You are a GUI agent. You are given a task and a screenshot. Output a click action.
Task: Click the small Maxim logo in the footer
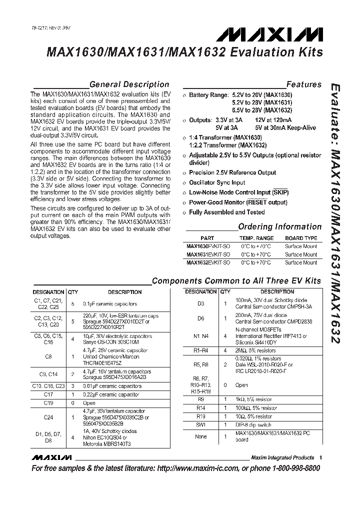pyautogui.click(x=51, y=458)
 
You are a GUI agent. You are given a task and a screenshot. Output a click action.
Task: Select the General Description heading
pyautogui.click(x=128, y=84)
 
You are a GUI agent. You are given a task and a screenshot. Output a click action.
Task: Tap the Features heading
pyautogui.click(x=303, y=84)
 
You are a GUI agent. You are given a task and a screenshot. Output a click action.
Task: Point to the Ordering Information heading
pyautogui.click(x=279, y=226)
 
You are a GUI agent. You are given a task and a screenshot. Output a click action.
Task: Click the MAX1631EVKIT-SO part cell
pyautogui.click(x=208, y=254)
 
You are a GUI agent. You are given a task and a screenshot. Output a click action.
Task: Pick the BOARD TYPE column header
pyautogui.click(x=301, y=238)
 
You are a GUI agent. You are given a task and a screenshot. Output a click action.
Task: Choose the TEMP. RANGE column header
pyautogui.click(x=256, y=238)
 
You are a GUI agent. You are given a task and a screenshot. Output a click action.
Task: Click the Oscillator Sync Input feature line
pyautogui.click(x=217, y=182)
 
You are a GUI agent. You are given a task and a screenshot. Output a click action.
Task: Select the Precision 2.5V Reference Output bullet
pyautogui.click(x=232, y=172)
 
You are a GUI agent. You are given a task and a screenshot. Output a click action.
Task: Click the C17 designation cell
pyautogui.click(x=48, y=394)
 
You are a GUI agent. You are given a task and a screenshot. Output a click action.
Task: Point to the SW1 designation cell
pyautogui.click(x=201, y=424)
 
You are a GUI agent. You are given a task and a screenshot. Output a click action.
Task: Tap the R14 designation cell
pyautogui.click(x=201, y=408)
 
